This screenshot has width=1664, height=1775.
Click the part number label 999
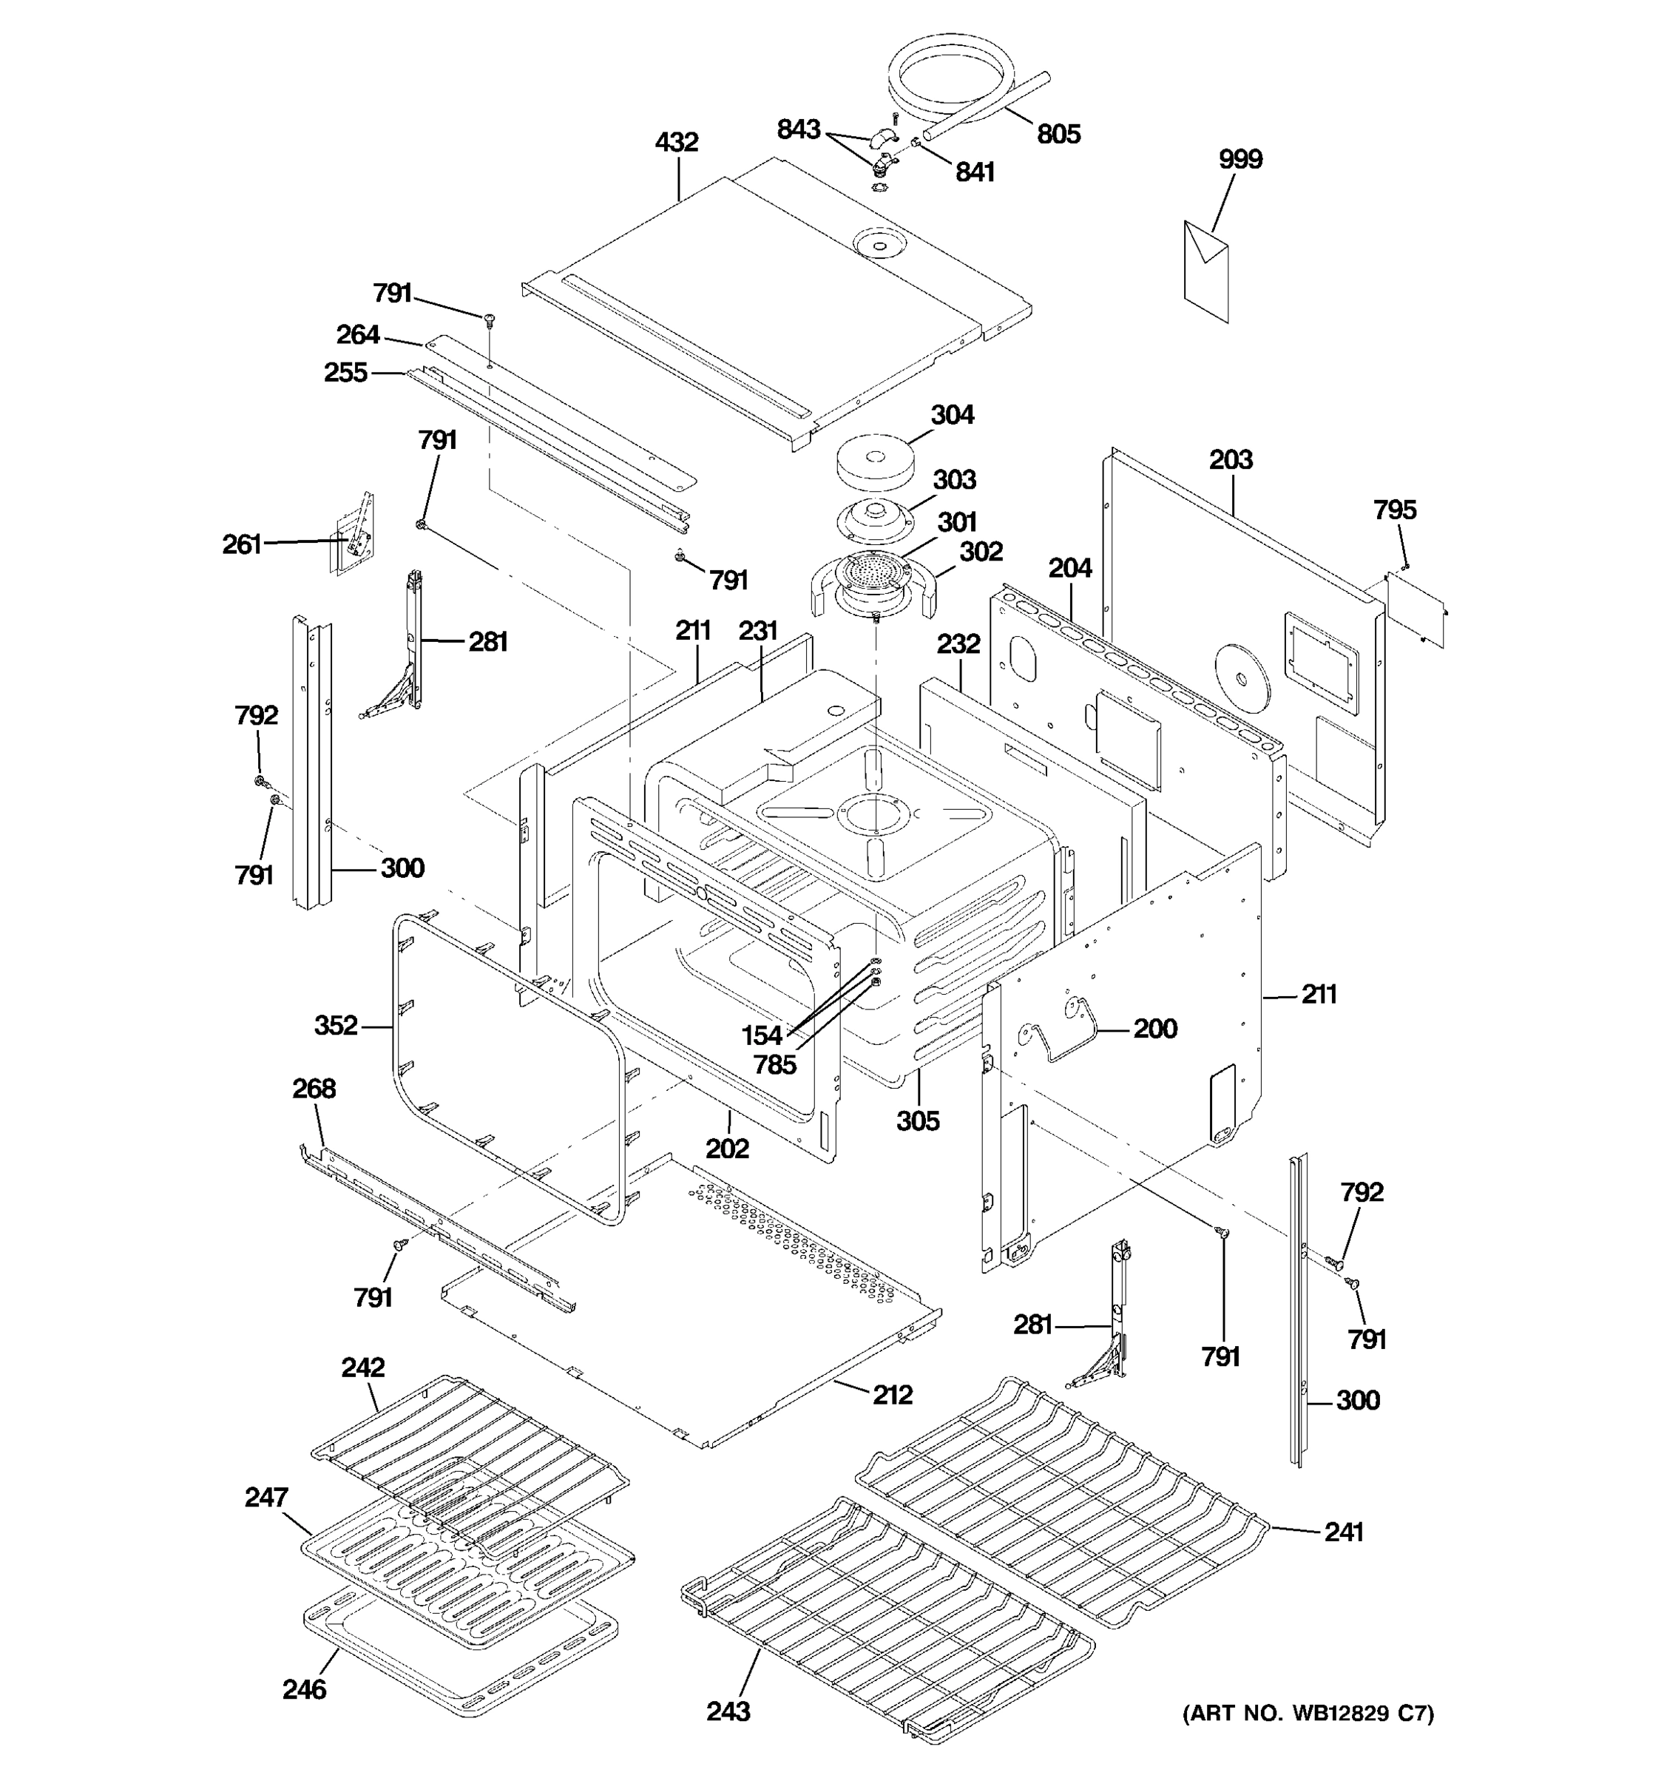click(x=1240, y=159)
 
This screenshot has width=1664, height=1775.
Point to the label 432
click(x=677, y=142)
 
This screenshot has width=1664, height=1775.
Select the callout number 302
click(x=981, y=551)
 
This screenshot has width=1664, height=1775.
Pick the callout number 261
click(x=241, y=544)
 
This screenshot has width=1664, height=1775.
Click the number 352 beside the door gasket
click(x=336, y=1025)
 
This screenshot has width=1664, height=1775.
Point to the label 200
click(x=1155, y=1028)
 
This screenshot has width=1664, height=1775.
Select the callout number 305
click(x=918, y=1120)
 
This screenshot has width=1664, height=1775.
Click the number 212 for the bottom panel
click(x=893, y=1395)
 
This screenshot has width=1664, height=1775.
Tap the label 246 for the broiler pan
click(x=305, y=1689)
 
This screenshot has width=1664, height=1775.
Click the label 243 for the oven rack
click(x=728, y=1711)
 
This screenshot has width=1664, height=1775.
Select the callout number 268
click(x=314, y=1089)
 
